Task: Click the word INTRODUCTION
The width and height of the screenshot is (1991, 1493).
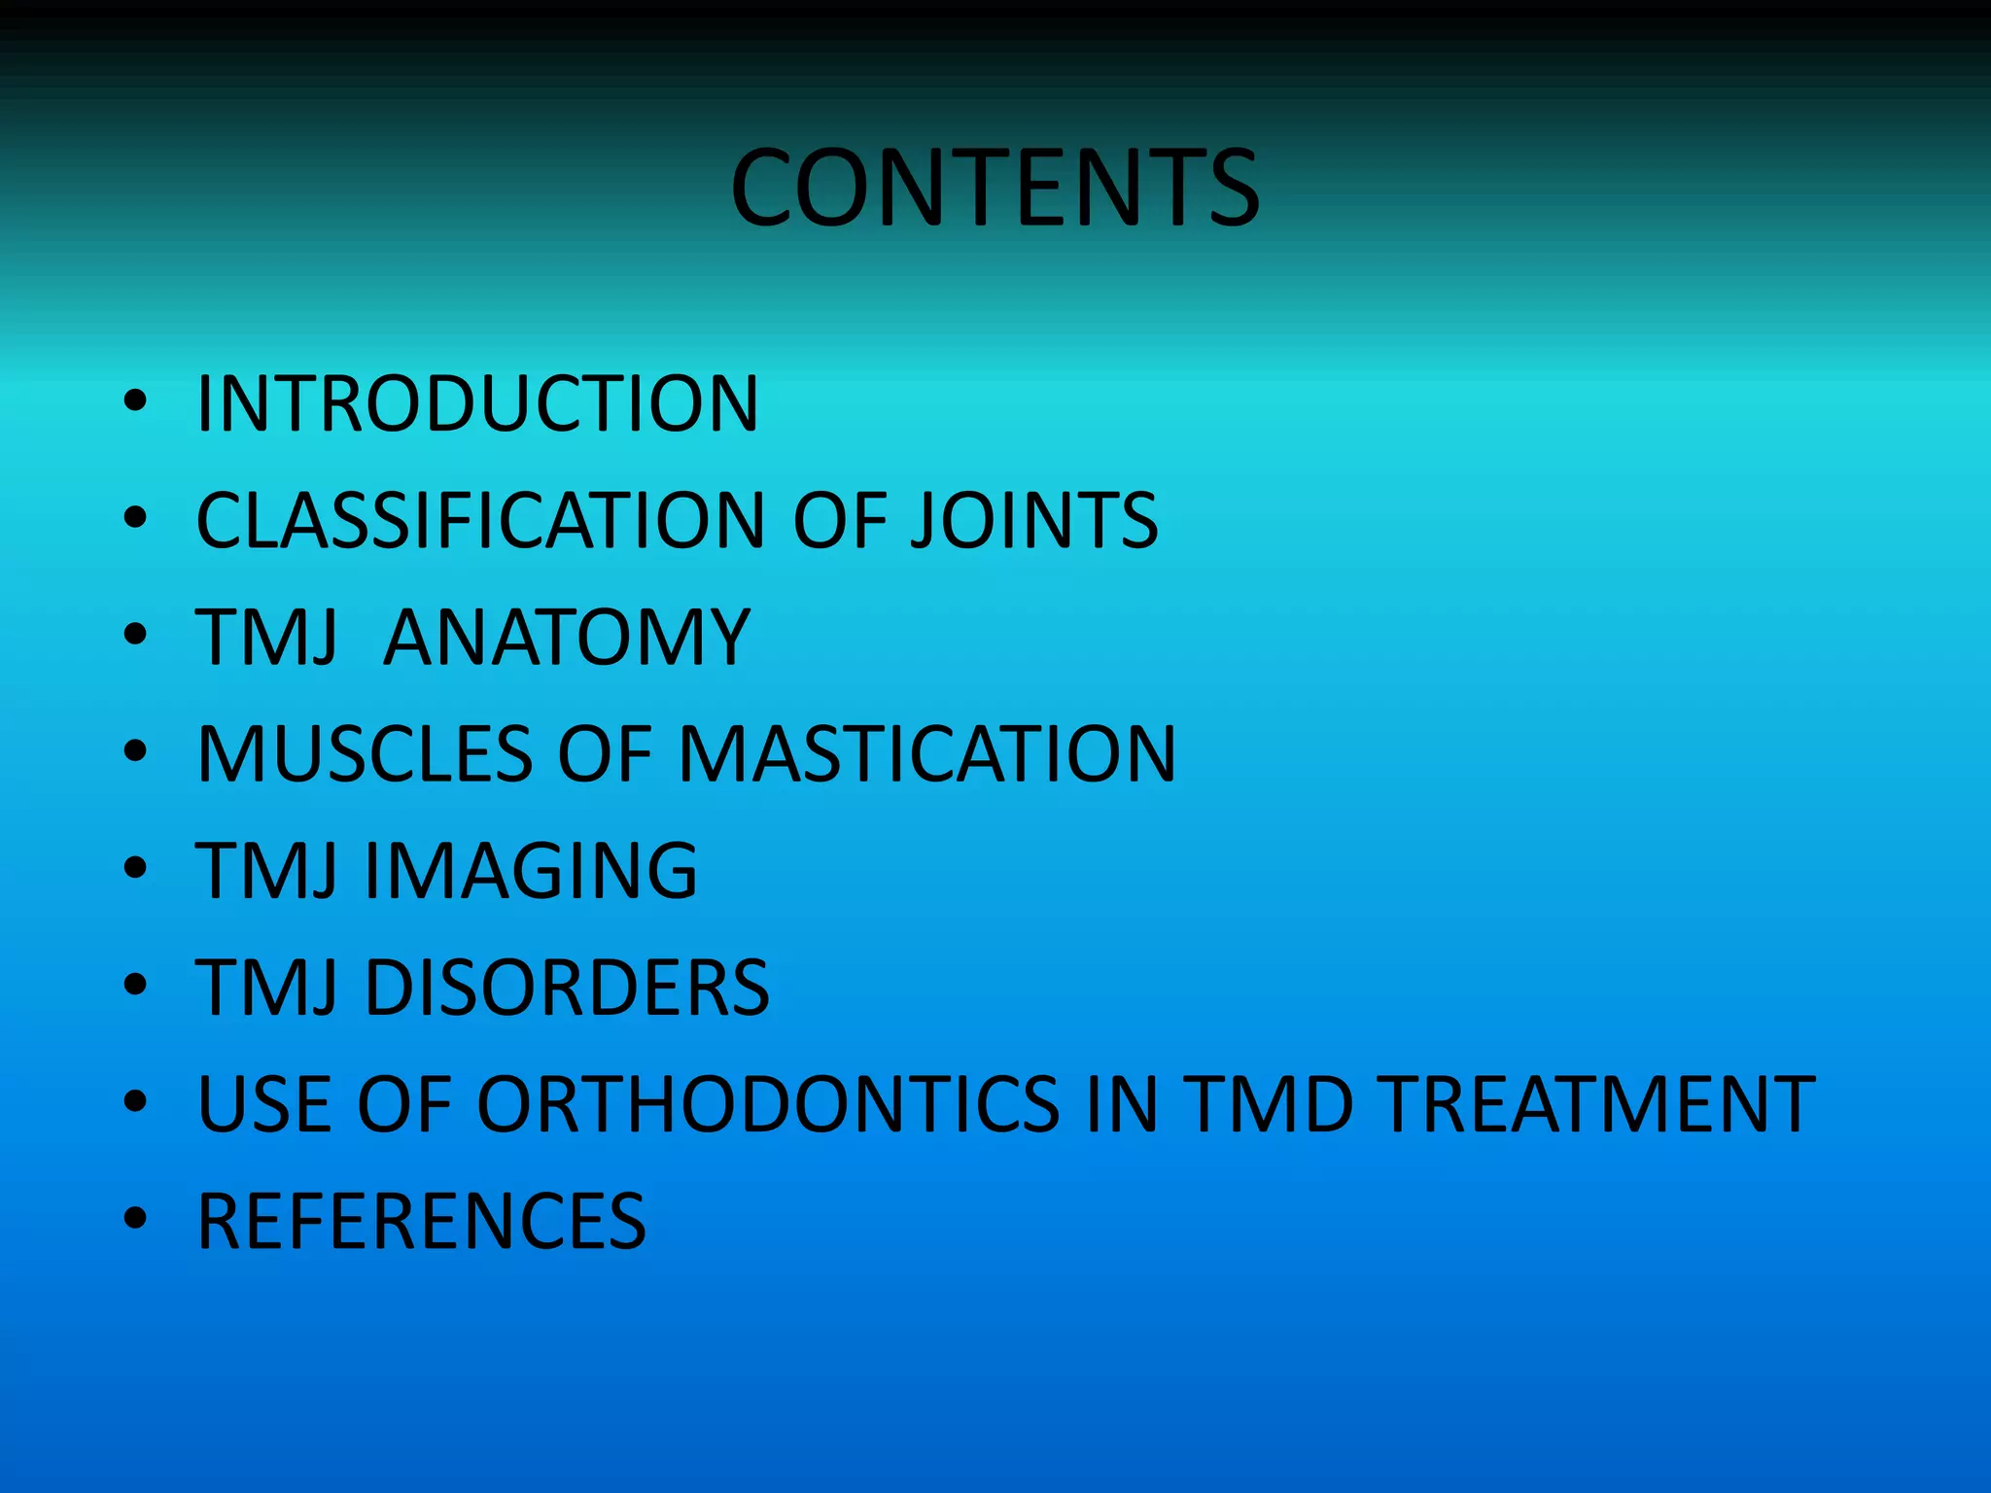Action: point(476,403)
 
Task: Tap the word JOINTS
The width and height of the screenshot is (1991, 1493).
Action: point(1033,520)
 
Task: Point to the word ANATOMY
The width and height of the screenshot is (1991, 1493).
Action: point(567,637)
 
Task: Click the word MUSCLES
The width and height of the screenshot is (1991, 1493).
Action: point(365,753)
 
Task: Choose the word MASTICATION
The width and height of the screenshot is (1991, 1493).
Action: point(926,753)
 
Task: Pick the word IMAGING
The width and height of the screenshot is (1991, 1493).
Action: point(531,870)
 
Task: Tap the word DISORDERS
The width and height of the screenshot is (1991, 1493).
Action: point(567,988)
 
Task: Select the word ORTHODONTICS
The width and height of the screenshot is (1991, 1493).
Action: point(767,1104)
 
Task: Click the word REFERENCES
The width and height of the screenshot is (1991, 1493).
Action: point(421,1221)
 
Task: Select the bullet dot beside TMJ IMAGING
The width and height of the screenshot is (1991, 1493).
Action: point(135,867)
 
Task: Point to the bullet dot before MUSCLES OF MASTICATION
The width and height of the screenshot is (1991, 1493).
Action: point(135,750)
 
